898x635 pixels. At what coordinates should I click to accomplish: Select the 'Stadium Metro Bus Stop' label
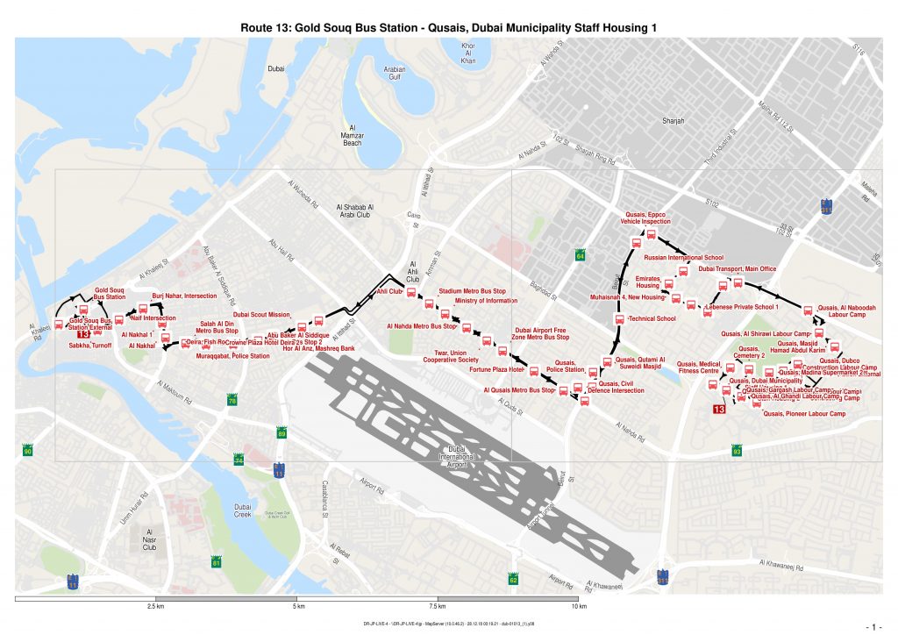(473, 290)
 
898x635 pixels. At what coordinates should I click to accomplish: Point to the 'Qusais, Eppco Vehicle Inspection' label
(645, 218)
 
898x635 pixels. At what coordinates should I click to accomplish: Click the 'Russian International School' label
(684, 258)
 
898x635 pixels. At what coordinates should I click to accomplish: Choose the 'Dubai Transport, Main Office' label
(737, 268)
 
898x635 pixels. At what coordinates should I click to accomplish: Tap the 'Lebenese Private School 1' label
(741, 308)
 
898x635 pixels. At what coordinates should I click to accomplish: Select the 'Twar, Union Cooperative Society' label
(451, 356)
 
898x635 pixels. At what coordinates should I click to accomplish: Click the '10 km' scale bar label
(578, 607)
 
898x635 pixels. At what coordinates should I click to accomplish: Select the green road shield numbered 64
(580, 255)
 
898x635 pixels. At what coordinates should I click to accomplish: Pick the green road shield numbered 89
(282, 433)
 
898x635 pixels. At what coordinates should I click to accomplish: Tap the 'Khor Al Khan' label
(467, 53)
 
